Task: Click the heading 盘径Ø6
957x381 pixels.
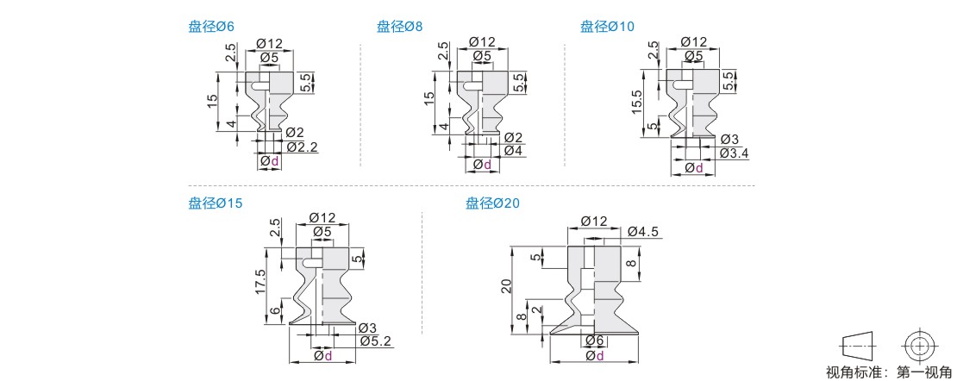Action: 210,26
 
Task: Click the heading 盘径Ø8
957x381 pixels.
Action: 399,26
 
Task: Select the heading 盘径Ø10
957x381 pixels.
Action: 607,26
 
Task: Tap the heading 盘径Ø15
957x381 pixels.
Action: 216,203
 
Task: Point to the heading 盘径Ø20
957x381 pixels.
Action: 492,203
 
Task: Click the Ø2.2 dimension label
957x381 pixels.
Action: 302,147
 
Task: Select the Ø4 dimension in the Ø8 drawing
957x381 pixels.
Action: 514,150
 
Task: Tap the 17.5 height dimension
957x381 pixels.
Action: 260,281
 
